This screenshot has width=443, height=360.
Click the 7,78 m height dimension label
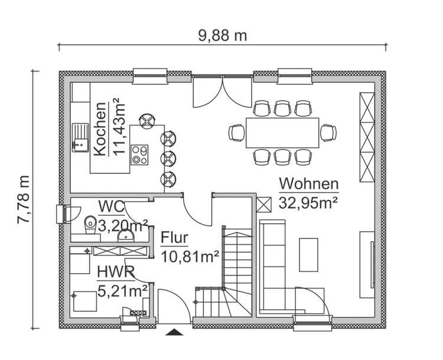click(24, 199)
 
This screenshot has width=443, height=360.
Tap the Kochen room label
click(100, 129)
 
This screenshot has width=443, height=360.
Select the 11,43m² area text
click(120, 128)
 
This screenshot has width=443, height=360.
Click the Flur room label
click(174, 238)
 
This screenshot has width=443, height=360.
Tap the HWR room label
click(115, 273)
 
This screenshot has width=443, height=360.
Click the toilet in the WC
click(90, 223)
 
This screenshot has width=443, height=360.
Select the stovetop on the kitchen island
click(140, 154)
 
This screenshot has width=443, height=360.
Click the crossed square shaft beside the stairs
click(263, 204)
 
